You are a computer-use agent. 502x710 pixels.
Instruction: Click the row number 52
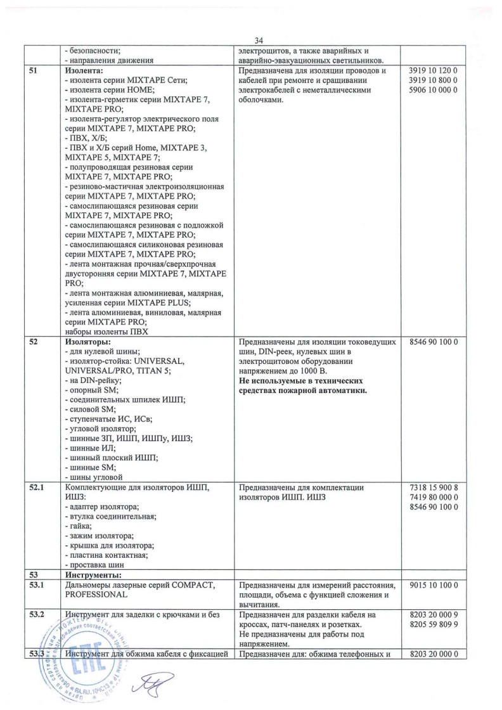click(x=35, y=342)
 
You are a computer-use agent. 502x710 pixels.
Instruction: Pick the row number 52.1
click(x=38, y=487)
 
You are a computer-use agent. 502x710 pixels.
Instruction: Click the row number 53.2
click(x=38, y=614)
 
